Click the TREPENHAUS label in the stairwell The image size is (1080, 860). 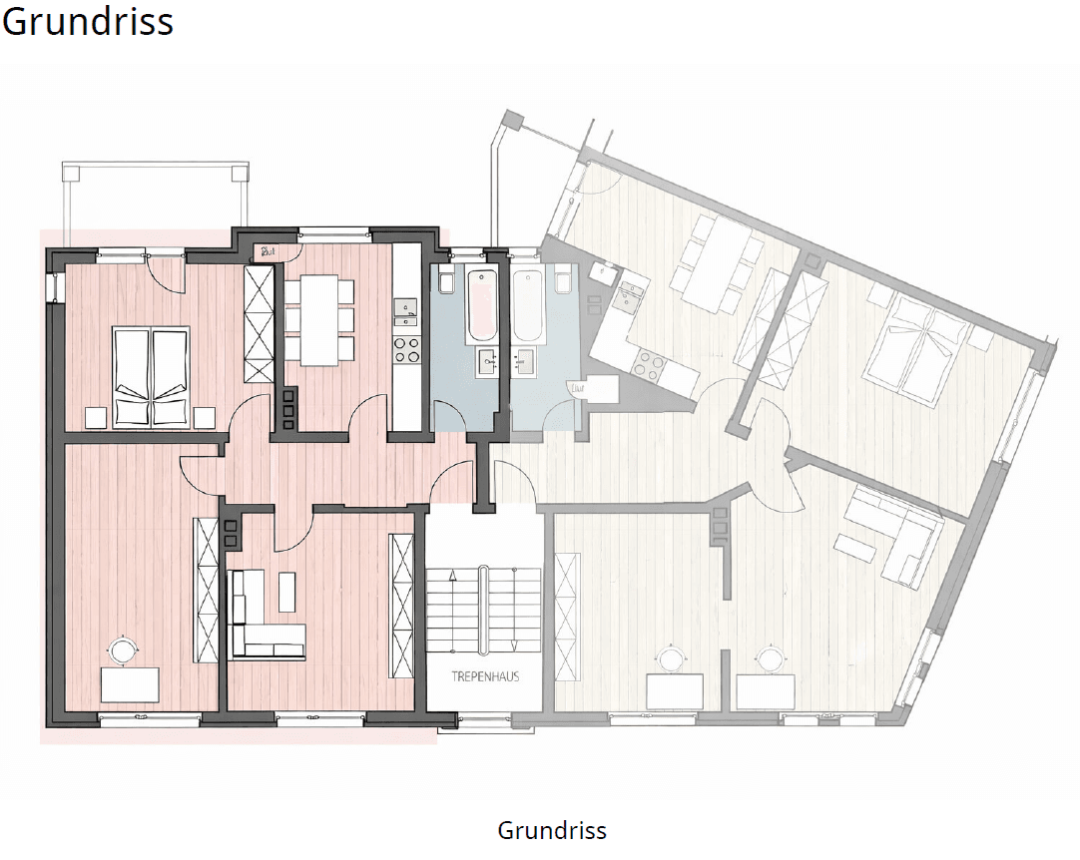pyautogui.click(x=484, y=676)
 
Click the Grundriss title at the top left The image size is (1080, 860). pyautogui.click(x=88, y=21)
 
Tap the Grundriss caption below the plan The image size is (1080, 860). pyautogui.click(x=551, y=830)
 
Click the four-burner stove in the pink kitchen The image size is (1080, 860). pyautogui.click(x=406, y=348)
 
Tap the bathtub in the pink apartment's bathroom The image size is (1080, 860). pyautogui.click(x=481, y=307)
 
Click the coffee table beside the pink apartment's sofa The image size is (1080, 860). pyautogui.click(x=287, y=592)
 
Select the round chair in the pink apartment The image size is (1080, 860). pyautogui.click(x=125, y=650)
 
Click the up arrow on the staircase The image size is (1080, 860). pyautogui.click(x=453, y=576)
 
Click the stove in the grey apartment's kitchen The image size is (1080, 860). pyautogui.click(x=650, y=365)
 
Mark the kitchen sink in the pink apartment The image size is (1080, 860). pyautogui.click(x=406, y=313)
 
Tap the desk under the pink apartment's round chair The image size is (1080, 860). pyautogui.click(x=130, y=685)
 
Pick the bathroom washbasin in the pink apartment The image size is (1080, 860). pyautogui.click(x=488, y=361)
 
